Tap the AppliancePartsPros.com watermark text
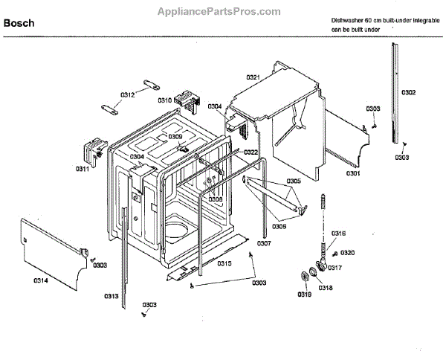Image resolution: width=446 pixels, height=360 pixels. [x=220, y=11]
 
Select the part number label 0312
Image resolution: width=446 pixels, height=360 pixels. [x=128, y=94]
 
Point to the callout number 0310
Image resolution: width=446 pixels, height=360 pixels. [x=164, y=100]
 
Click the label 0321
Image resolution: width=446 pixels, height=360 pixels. [x=253, y=78]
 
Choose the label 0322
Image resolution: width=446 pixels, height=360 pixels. [x=251, y=152]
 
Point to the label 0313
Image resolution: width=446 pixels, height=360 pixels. [x=111, y=297]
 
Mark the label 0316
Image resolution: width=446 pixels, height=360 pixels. [x=338, y=234]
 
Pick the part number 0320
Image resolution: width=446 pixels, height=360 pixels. [x=348, y=253]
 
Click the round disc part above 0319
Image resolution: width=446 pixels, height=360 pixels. [x=305, y=278]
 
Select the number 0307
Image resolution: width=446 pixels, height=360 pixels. [x=265, y=244]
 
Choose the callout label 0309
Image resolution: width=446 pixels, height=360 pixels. [x=175, y=137]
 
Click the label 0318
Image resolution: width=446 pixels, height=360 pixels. [x=326, y=288]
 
